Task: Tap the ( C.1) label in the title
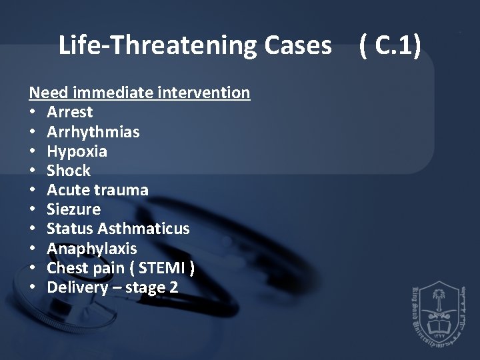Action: click(389, 45)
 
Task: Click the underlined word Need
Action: click(49, 93)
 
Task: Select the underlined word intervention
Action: click(205, 93)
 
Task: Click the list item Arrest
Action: click(70, 112)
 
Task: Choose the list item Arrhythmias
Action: click(93, 131)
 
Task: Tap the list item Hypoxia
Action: click(77, 151)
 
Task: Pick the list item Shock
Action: click(69, 171)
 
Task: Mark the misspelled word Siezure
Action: click(74, 209)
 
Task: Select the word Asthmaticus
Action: click(143, 229)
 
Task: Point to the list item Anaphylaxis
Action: click(91, 249)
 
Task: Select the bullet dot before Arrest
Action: click(33, 112)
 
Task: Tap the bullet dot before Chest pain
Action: click(33, 268)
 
